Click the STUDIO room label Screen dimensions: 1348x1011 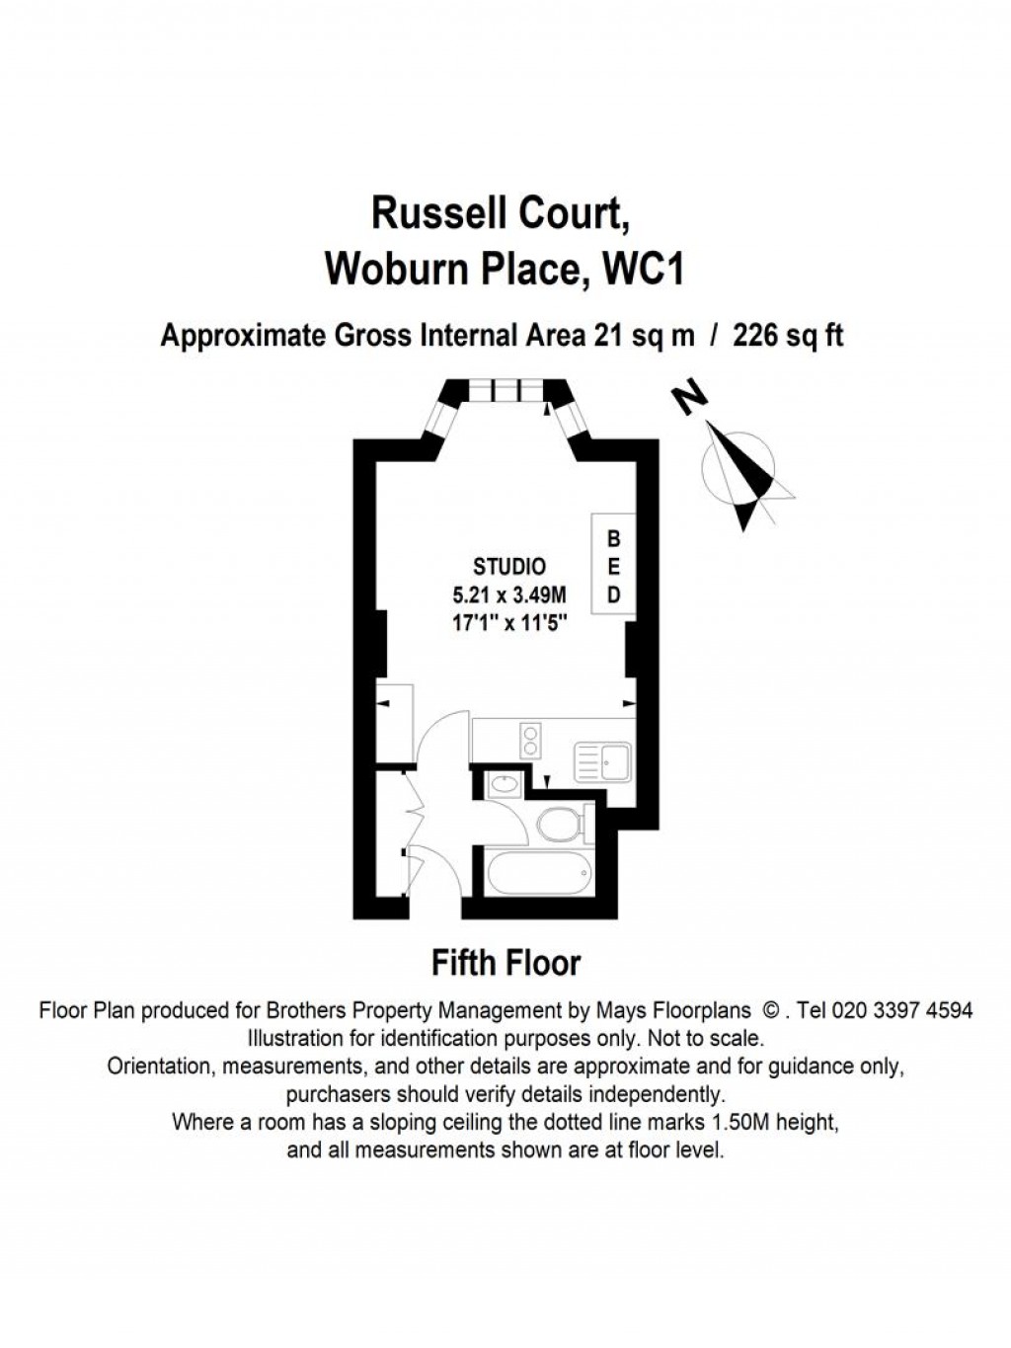click(508, 567)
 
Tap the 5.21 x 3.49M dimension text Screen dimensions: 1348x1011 click(508, 595)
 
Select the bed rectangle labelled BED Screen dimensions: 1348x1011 click(613, 567)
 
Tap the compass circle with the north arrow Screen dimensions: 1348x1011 click(738, 467)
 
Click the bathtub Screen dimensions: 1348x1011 click(539, 872)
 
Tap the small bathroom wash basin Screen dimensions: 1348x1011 click(505, 785)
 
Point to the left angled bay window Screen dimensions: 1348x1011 click(434, 421)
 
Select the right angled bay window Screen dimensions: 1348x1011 click(574, 421)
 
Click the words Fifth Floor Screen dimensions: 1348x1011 click(506, 962)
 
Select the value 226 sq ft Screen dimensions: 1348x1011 click(788, 336)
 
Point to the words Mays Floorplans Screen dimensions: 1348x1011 click(673, 1010)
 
